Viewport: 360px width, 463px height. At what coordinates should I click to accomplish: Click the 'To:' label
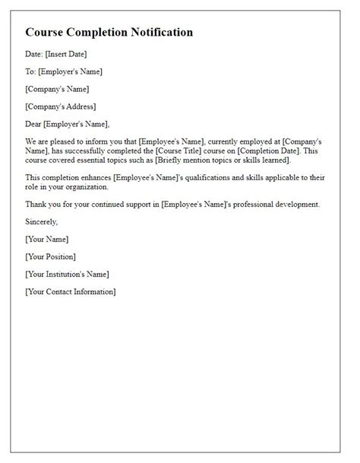pos(31,71)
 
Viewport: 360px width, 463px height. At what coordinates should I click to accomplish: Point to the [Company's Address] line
pos(61,106)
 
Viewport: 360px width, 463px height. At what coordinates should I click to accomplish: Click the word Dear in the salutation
pos(34,124)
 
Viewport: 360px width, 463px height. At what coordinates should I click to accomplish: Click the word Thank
pos(36,204)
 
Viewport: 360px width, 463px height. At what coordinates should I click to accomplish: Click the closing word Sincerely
pos(41,221)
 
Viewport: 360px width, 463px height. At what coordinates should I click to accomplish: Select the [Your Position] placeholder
pos(50,257)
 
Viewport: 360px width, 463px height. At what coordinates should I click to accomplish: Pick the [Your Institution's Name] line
pos(67,274)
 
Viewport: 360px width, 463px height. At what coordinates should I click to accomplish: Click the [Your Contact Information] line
pos(70,292)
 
